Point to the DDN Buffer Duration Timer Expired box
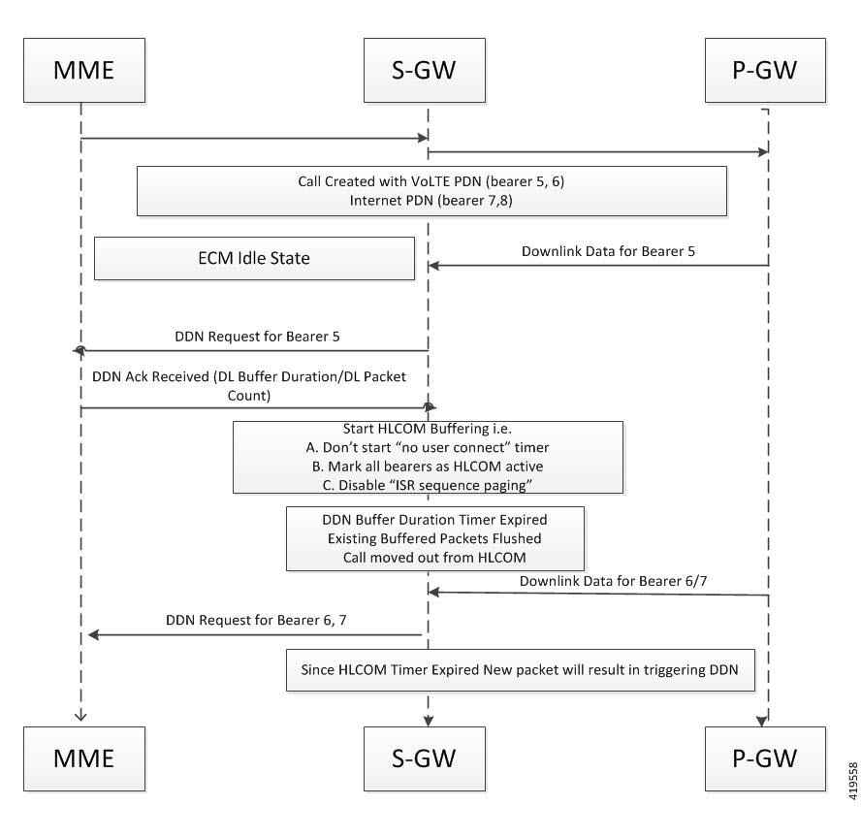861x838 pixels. [x=434, y=537]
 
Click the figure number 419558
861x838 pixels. [x=847, y=778]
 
